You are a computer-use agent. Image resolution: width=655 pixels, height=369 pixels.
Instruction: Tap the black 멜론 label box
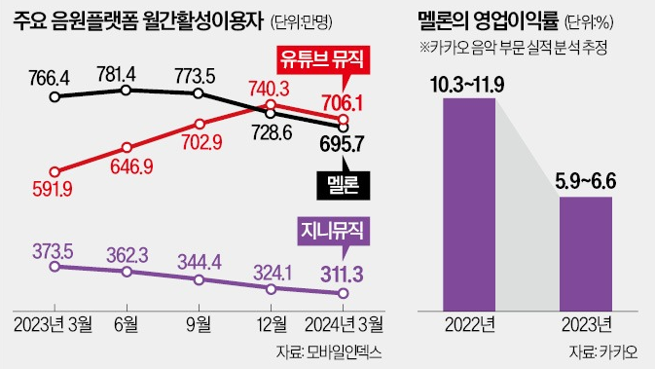tap(343, 182)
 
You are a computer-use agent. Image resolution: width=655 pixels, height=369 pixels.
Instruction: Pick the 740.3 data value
tap(270, 88)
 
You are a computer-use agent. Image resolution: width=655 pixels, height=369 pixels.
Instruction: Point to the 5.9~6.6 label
tap(584, 182)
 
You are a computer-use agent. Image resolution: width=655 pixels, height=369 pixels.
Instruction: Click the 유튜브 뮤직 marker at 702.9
tap(199, 124)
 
